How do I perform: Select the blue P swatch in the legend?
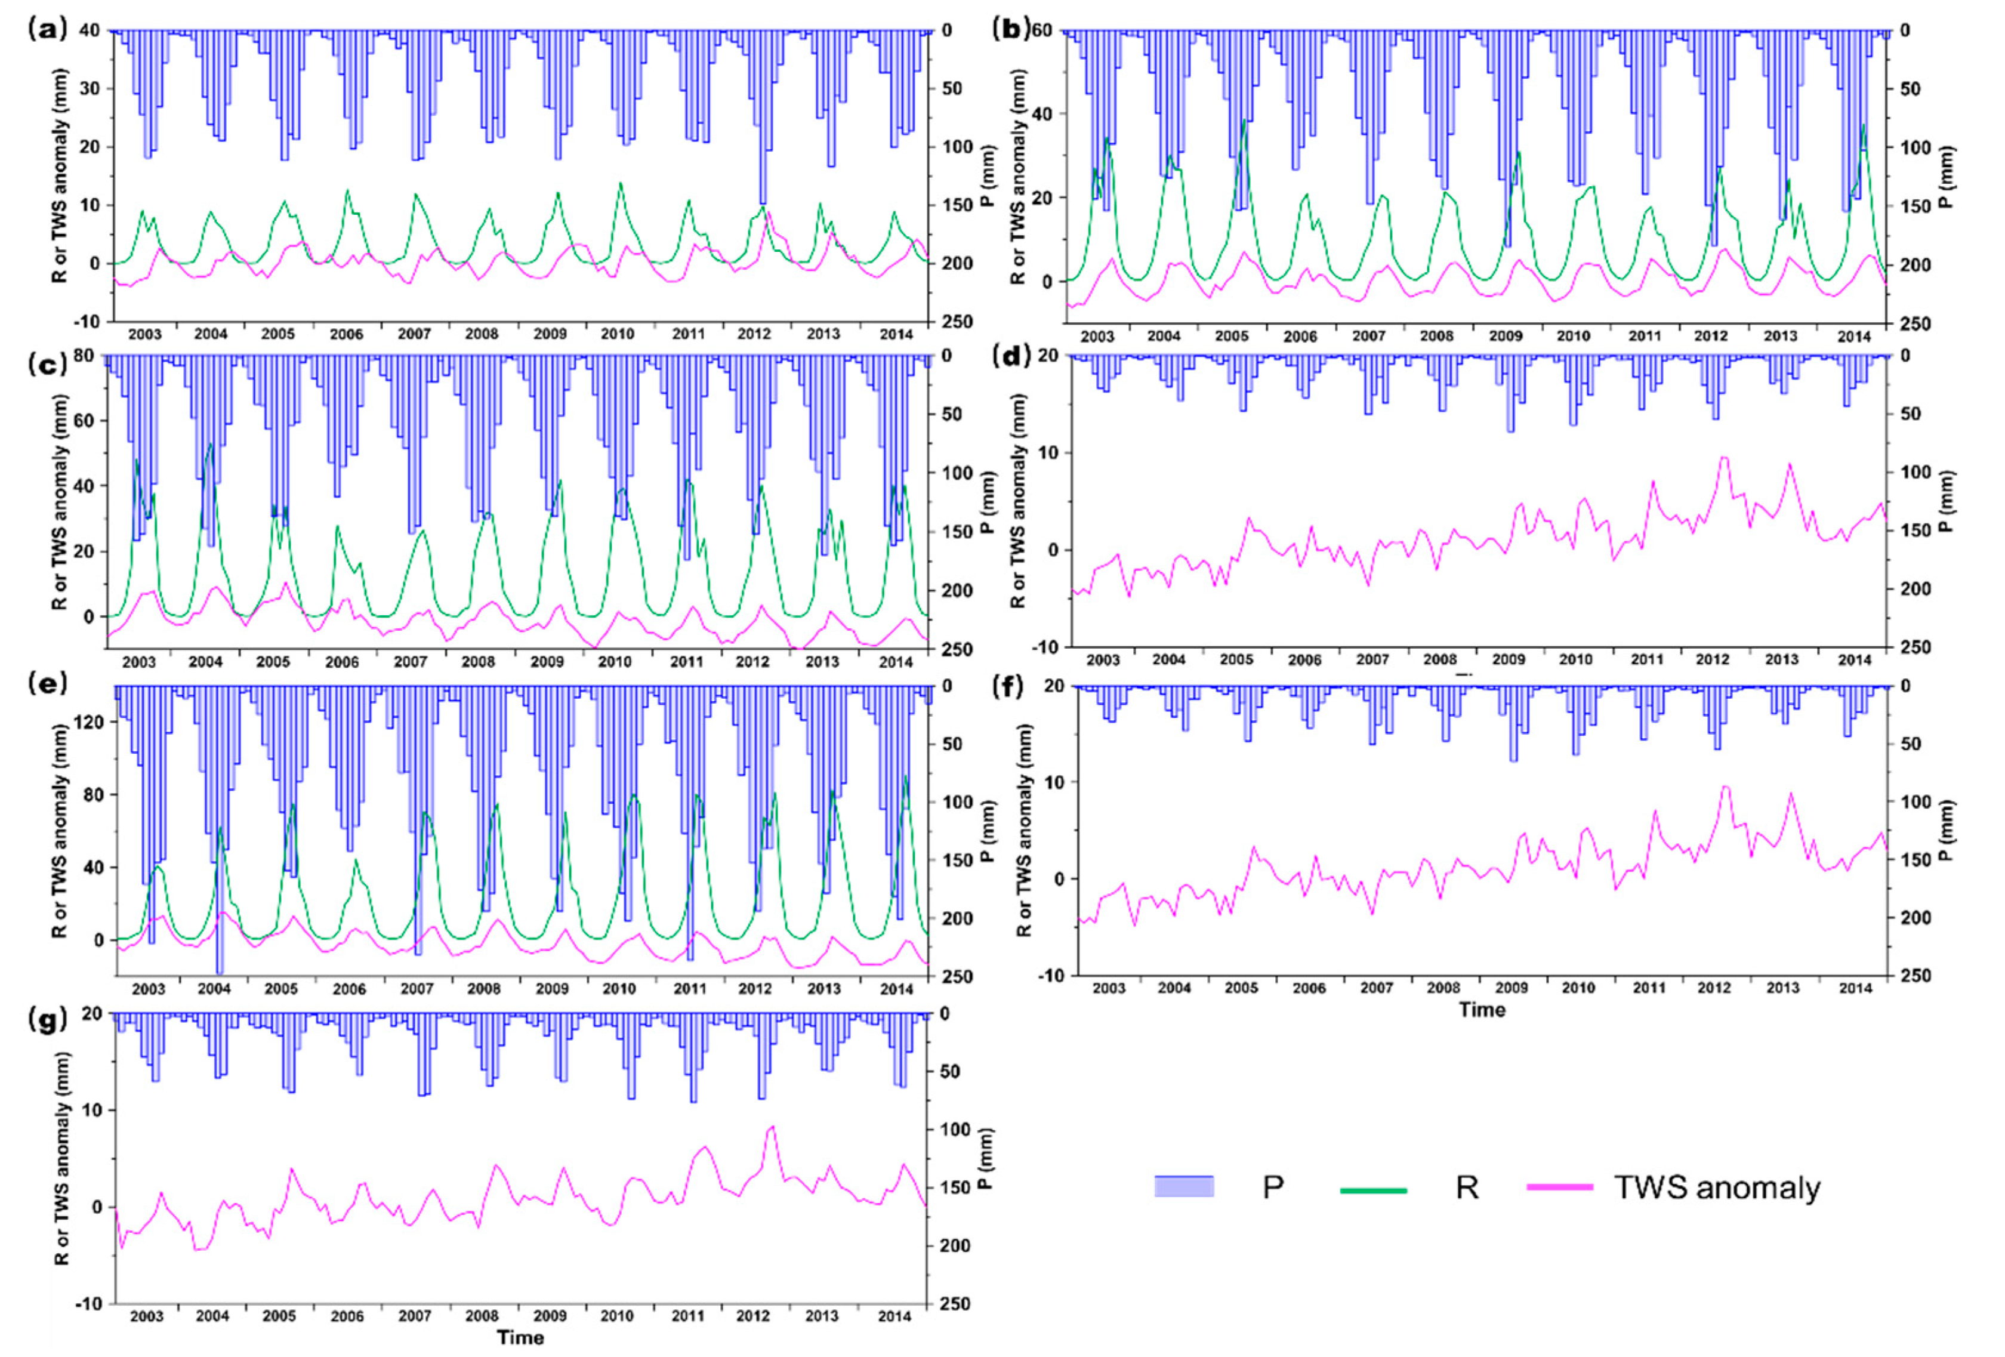pos(1184,1187)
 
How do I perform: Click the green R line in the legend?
pos(1372,1191)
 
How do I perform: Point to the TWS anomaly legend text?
pos(1717,1188)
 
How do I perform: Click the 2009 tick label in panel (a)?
pos(550,334)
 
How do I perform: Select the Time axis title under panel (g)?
pos(520,1337)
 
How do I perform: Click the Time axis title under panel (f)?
pos(1481,1009)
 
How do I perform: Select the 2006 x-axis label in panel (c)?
pos(342,662)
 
